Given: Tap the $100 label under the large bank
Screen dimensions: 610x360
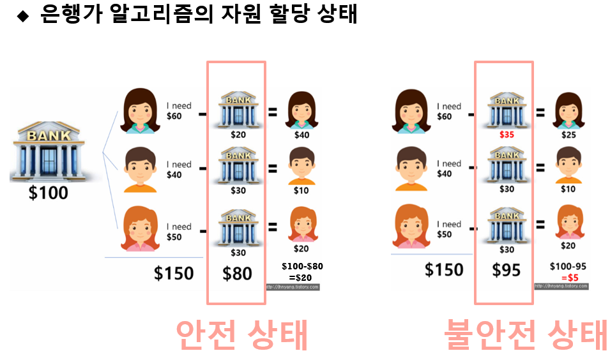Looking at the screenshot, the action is (x=49, y=191).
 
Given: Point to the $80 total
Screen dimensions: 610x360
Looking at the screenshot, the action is (x=237, y=273).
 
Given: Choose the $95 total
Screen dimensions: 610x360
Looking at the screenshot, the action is (x=506, y=270).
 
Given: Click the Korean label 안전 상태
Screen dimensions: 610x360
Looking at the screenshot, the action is (x=241, y=334).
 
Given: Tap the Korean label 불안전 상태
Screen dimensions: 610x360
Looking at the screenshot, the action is (x=526, y=334).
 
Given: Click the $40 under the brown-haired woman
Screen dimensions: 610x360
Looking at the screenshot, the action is (x=301, y=135).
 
